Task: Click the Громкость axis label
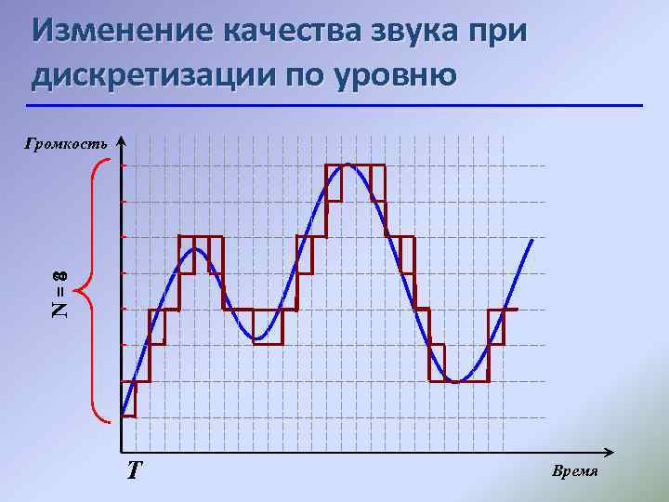[66, 143]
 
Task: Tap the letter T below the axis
[135, 470]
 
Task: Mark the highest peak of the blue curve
[348, 165]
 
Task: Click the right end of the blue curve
[532, 240]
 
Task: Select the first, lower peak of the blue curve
[198, 249]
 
